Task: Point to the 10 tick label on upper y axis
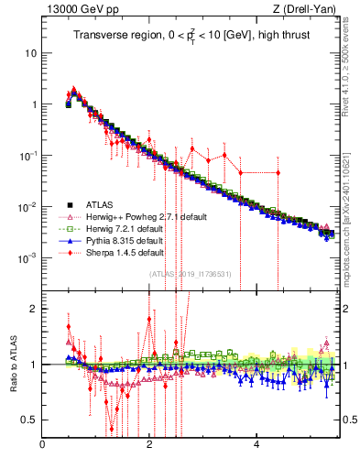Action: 30,53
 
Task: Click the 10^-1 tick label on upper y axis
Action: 27,156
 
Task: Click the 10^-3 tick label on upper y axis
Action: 27,258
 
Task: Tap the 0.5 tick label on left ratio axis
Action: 28,420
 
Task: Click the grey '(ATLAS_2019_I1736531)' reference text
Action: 192,274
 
